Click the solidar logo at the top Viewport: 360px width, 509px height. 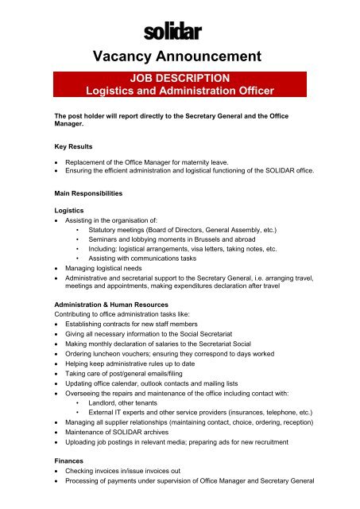(173, 32)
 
